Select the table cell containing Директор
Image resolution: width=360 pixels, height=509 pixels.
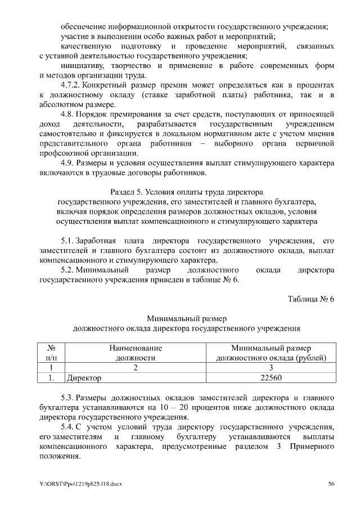[135, 378]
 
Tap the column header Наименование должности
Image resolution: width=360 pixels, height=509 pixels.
[135, 352]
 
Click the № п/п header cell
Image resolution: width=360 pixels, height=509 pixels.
[50, 352]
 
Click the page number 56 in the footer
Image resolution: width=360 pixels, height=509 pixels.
[331, 484]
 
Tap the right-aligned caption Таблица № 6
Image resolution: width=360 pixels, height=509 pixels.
[311, 299]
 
